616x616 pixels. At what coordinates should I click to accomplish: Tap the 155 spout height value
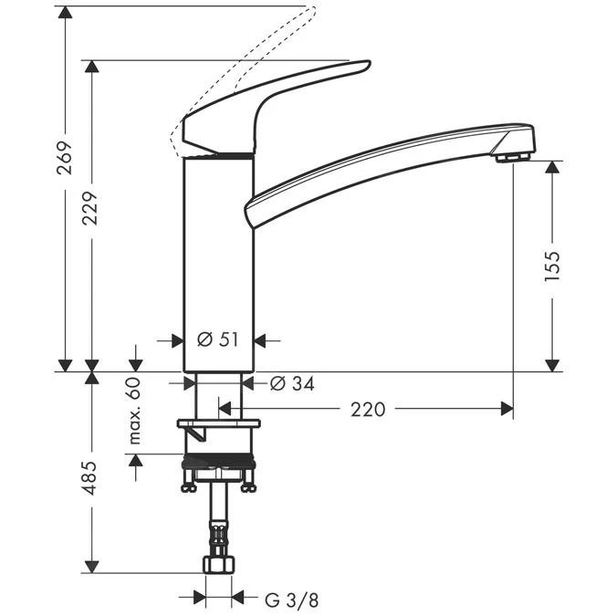(x=552, y=266)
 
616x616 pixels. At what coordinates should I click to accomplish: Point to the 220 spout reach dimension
(x=368, y=410)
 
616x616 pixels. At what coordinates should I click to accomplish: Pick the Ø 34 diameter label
(x=292, y=384)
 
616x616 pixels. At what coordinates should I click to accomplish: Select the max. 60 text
(x=135, y=411)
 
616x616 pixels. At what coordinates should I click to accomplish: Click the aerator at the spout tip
(x=514, y=157)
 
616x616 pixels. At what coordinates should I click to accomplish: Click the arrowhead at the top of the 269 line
(x=65, y=12)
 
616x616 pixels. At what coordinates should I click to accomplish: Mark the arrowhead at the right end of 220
(x=506, y=410)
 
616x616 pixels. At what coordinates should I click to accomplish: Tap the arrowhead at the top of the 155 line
(x=552, y=167)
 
